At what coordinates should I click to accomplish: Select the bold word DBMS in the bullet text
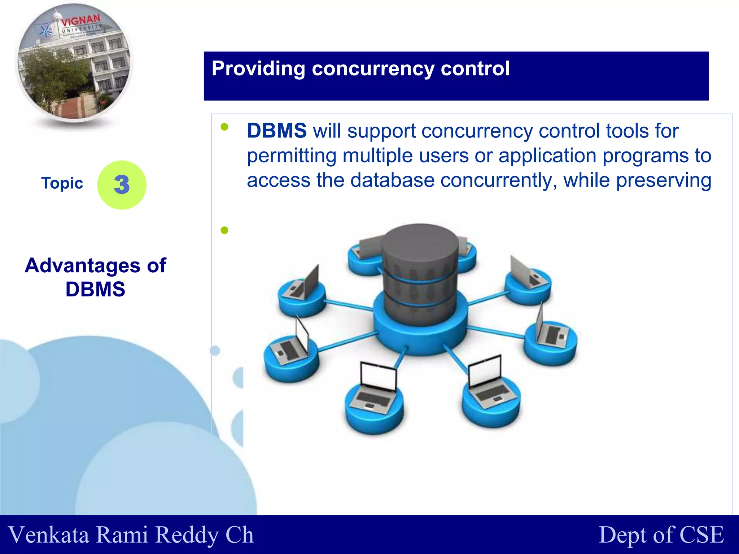coord(277,131)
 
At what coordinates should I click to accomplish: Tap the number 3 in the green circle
coord(122,185)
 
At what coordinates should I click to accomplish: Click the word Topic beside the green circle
coord(62,183)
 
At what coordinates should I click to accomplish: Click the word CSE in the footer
coord(701,535)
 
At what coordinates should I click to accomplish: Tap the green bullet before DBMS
coord(224,127)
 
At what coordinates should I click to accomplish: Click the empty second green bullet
coord(224,230)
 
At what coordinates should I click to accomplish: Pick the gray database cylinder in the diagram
coord(420,274)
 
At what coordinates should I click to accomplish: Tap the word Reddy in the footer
coord(187,535)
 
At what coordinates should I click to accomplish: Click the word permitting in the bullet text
coord(292,156)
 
